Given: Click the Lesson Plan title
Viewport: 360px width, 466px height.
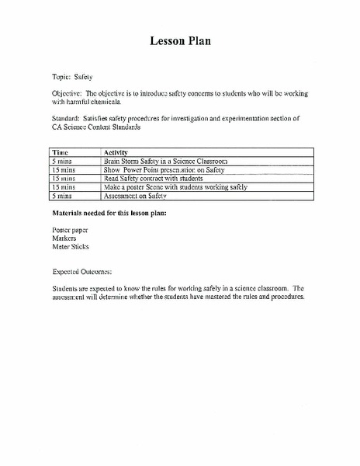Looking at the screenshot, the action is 180,41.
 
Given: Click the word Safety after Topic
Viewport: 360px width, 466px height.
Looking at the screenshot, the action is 83,77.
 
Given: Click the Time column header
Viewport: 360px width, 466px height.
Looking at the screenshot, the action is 61,151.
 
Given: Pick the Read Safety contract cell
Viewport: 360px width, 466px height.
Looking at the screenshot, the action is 147,178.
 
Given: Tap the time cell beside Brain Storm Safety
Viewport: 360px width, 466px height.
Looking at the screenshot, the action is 63,160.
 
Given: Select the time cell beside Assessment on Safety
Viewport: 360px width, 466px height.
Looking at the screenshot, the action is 63,196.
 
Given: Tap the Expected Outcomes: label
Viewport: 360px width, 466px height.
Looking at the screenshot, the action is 82,272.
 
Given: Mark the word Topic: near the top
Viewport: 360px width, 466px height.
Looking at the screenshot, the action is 61,77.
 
